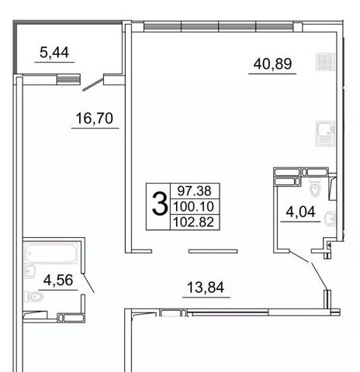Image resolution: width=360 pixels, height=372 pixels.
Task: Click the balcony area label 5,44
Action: click(54, 53)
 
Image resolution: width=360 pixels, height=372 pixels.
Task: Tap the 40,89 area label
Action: click(272, 64)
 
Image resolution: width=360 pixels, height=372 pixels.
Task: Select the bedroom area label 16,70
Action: click(95, 119)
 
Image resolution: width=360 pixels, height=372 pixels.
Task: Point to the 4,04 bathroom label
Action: click(300, 212)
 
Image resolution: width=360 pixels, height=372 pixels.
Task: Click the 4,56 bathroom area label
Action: click(58, 280)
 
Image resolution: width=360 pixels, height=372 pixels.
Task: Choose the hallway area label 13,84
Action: click(206, 288)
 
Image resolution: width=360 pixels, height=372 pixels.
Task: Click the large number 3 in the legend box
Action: click(160, 205)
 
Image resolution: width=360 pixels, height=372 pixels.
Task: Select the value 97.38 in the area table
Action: click(195, 191)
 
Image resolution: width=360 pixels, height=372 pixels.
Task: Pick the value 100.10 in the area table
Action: click(193, 206)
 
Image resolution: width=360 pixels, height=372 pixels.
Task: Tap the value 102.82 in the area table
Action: click(193, 222)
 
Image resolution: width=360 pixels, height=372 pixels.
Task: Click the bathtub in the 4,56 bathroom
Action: click(50, 253)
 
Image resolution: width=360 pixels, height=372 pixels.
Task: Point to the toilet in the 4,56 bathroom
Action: click(34, 297)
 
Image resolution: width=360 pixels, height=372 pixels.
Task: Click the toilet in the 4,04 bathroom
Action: click(315, 189)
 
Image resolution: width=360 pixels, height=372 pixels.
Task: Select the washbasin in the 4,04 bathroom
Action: click(330, 219)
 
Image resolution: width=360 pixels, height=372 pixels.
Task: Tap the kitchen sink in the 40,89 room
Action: click(325, 133)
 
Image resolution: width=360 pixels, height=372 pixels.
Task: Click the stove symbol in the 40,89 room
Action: click(325, 62)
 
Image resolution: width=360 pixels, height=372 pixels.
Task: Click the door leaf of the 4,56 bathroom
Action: click(88, 283)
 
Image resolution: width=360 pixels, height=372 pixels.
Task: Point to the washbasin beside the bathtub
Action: click(29, 271)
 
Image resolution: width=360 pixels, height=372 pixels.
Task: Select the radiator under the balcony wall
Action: click(68, 79)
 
